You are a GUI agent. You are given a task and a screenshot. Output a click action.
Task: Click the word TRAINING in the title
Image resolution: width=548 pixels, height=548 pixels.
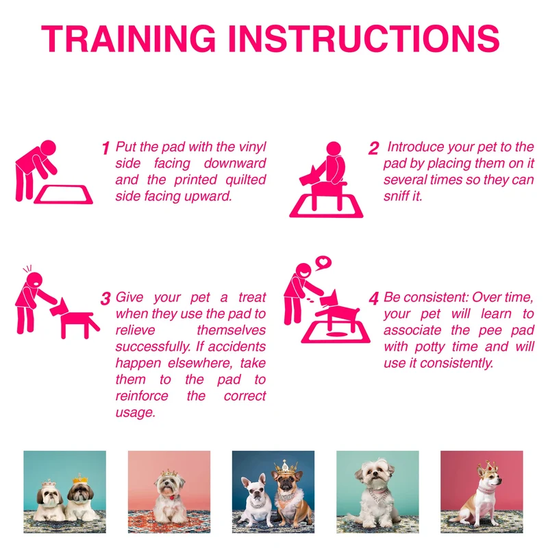(129, 39)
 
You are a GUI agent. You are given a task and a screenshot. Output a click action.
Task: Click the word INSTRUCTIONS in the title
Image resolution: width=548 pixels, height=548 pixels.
(364, 39)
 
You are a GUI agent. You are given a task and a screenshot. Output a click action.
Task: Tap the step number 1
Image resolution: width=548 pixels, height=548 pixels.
(106, 148)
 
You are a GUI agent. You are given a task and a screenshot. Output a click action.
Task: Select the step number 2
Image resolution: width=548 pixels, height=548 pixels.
(373, 148)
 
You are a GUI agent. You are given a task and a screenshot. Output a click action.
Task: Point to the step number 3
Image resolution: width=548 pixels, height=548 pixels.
(105, 299)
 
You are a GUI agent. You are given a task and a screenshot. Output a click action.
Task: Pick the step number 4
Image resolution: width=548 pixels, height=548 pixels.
(373, 299)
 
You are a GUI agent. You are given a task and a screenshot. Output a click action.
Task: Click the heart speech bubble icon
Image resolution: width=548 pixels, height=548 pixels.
(323, 262)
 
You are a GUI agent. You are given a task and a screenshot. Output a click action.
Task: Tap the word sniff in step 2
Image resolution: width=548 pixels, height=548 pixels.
(395, 196)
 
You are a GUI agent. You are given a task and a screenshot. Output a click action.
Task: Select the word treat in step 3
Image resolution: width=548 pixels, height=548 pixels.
(252, 297)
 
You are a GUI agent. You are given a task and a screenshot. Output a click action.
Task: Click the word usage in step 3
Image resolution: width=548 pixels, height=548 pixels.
(135, 413)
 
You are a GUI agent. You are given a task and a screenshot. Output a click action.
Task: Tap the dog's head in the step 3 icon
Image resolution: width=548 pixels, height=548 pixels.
(59, 308)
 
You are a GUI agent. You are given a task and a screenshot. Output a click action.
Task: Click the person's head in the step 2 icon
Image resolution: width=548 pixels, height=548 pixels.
(334, 149)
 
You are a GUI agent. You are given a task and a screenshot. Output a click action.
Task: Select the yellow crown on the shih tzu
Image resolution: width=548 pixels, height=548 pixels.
(80, 478)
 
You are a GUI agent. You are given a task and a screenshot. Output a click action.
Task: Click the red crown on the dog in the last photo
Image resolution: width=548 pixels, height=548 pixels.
(488, 467)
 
